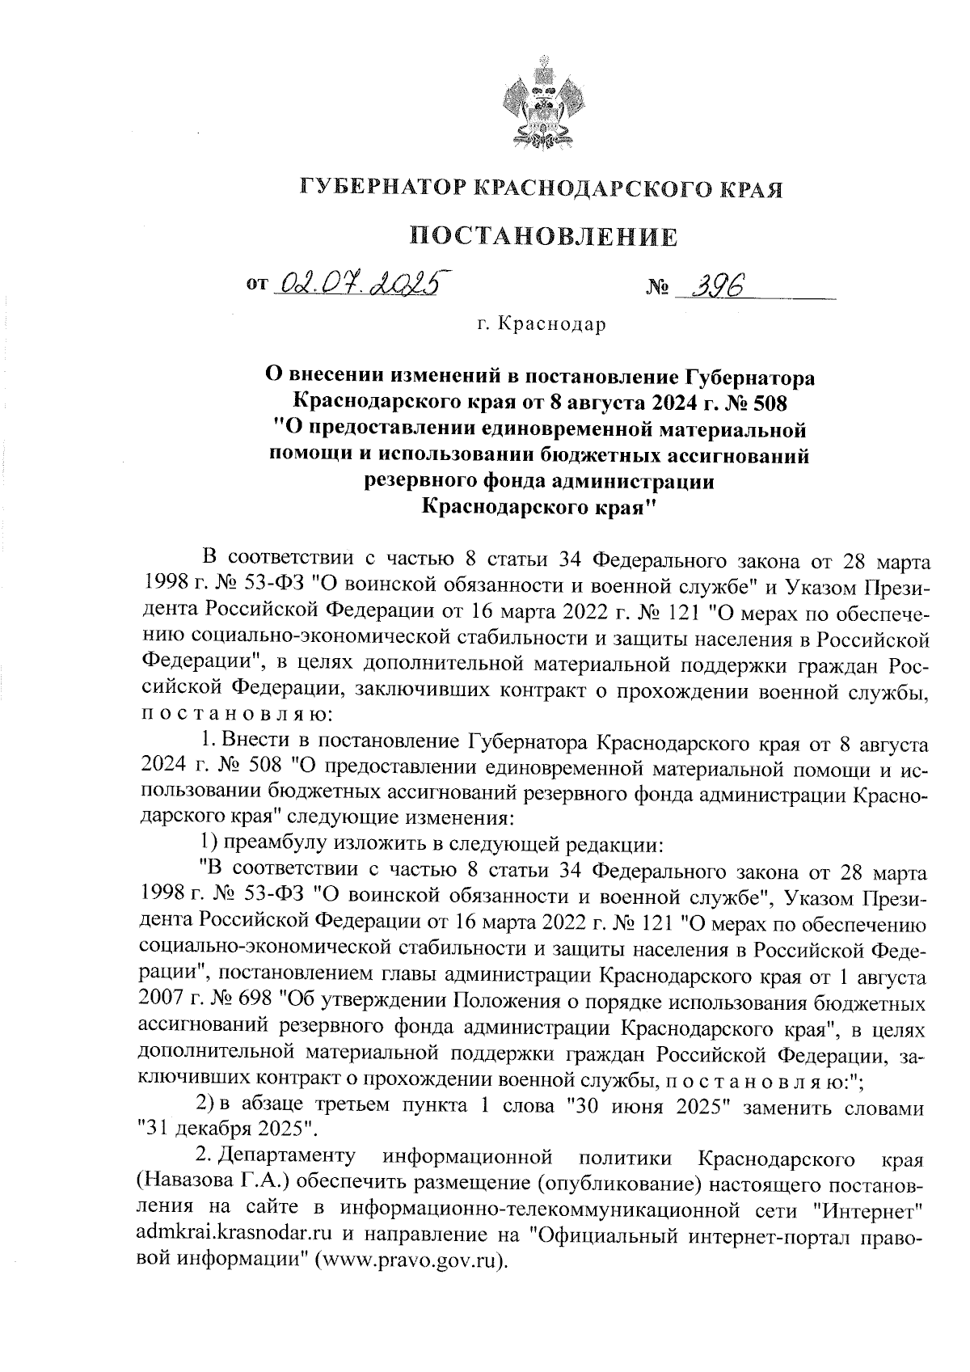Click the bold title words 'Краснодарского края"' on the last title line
[x=540, y=508]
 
